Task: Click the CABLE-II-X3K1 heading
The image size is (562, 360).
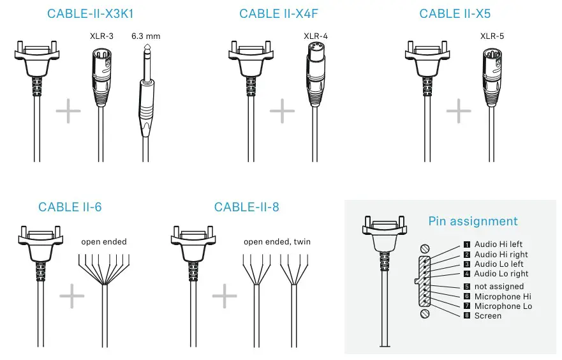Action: (x=91, y=13)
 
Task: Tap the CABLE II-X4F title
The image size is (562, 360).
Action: (x=279, y=13)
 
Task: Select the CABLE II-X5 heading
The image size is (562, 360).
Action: (x=455, y=13)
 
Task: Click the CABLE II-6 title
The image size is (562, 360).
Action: (x=70, y=207)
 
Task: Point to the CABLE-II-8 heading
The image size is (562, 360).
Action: (x=247, y=207)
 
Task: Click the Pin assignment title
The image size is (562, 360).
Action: (x=473, y=221)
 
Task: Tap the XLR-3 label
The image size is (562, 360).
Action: (x=101, y=36)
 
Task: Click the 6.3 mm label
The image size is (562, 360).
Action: (x=146, y=36)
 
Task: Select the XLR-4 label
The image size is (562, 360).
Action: (x=316, y=36)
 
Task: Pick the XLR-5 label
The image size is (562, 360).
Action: (x=492, y=36)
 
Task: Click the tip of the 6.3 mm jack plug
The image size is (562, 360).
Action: (x=147, y=45)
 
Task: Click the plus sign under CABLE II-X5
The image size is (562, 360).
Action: (x=459, y=111)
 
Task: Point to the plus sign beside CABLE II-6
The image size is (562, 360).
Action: (x=71, y=296)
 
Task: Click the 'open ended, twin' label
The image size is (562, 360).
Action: (x=277, y=242)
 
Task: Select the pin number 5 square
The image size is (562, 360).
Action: (x=467, y=287)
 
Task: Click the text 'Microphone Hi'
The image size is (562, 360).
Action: (x=503, y=297)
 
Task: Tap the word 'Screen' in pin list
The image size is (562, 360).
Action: (x=488, y=316)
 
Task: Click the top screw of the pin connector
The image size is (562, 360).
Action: (x=425, y=248)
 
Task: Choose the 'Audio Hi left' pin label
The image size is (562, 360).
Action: (x=498, y=244)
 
